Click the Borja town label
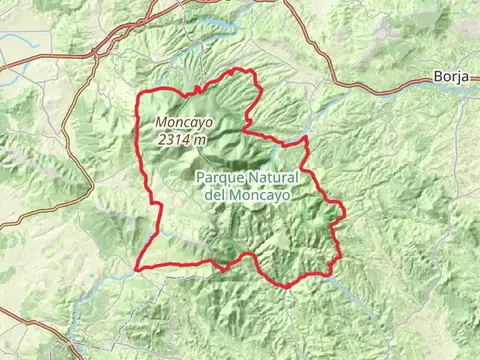pos(452,76)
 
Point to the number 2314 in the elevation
pos(176,140)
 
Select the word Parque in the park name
pos(220,177)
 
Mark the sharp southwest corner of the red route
pos(135,268)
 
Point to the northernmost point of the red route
pos(237,69)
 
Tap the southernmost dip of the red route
pos(287,286)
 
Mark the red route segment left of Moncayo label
pos(140,130)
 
